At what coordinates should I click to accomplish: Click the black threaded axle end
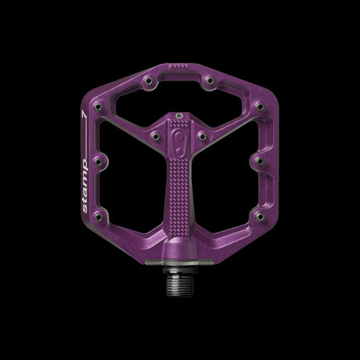click(178, 284)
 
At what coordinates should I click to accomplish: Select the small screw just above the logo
click(179, 115)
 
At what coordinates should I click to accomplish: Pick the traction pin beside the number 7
click(99, 106)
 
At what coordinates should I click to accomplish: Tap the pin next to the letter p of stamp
click(99, 162)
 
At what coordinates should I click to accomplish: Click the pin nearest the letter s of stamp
click(99, 217)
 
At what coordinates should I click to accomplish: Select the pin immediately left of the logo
click(156, 136)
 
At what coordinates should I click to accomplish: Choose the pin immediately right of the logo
click(202, 136)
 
